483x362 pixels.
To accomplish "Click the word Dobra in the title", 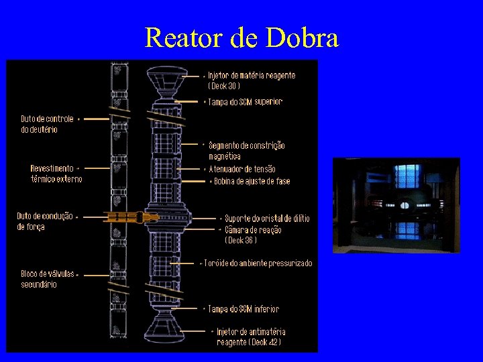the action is [303, 38].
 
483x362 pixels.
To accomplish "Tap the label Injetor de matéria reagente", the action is [252, 76].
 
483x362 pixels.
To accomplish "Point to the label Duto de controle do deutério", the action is [48, 124].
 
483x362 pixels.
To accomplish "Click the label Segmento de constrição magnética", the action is [247, 150].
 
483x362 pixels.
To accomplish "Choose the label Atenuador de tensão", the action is [242, 169].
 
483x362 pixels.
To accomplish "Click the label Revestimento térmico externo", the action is [56, 174].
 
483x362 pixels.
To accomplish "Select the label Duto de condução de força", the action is [45, 221].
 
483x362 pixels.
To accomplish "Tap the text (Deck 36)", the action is [241, 240].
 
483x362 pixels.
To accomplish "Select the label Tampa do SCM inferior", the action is [244, 309].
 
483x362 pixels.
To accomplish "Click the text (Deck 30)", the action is [224, 86].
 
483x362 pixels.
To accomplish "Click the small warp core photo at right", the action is [396, 204].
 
